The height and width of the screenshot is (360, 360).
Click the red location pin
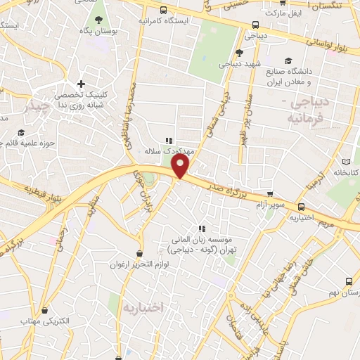tap(181, 166)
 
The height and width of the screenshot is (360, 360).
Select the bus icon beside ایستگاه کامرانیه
tap(163, 10)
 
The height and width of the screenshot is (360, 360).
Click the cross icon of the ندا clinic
tap(82, 84)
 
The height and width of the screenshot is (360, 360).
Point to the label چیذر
tap(34, 107)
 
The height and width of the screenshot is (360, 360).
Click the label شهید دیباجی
tap(239, 64)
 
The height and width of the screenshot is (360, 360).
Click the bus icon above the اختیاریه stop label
tap(302, 207)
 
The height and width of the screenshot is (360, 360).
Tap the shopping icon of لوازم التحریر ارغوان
tap(140, 253)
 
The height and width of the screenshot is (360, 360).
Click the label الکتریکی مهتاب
tap(64, 321)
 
